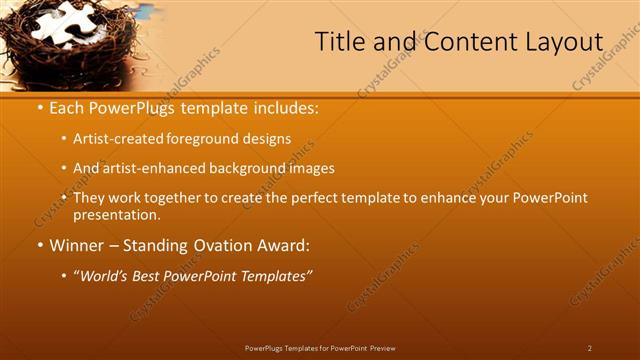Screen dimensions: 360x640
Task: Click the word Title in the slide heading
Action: click(x=338, y=42)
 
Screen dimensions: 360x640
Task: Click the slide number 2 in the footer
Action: click(x=590, y=348)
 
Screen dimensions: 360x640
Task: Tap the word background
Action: click(x=233, y=169)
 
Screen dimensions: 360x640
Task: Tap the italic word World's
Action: click(x=106, y=274)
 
